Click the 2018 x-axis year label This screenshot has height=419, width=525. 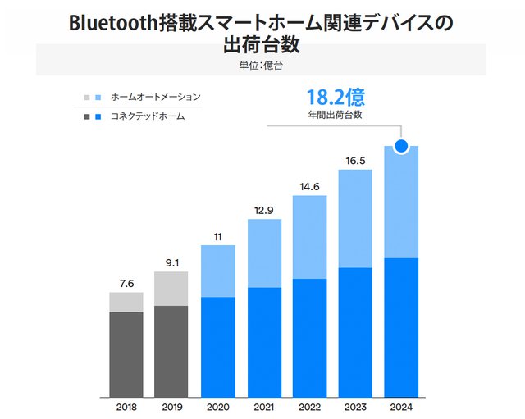click(x=126, y=406)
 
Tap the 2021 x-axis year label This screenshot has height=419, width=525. click(x=264, y=406)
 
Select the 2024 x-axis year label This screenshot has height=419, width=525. click(x=401, y=406)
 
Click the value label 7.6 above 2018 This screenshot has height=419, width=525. click(x=126, y=284)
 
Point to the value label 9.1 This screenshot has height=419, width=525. click(x=172, y=263)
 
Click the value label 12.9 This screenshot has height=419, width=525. click(x=264, y=211)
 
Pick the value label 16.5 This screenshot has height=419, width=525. click(x=355, y=161)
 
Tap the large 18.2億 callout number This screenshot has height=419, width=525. click(x=335, y=98)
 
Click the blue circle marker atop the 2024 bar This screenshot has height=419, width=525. click(x=401, y=147)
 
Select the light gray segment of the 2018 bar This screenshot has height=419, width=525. click(x=126, y=302)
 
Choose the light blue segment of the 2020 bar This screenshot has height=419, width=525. click(x=218, y=271)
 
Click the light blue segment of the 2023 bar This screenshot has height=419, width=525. click(x=355, y=218)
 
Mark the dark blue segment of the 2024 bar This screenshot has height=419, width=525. click(x=401, y=328)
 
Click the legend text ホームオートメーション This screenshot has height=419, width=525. click(x=155, y=97)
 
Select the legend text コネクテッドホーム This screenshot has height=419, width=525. click(x=148, y=116)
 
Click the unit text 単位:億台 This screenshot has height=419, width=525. click(x=261, y=64)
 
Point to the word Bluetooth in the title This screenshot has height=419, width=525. click(x=116, y=23)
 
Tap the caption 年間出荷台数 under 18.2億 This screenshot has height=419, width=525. click(x=335, y=116)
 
